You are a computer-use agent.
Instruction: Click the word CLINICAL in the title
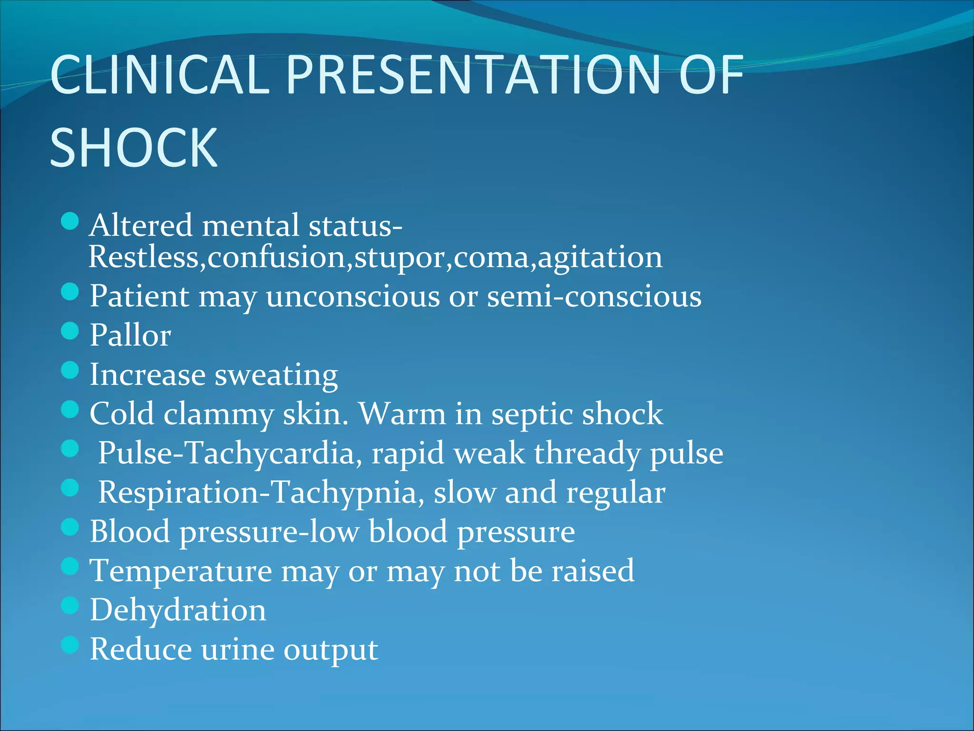tap(160, 75)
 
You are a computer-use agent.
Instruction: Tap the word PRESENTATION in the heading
tap(474, 75)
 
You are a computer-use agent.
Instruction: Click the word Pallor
tap(130, 335)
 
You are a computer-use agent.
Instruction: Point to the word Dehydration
tap(178, 610)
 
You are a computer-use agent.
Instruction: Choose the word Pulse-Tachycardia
tap(226, 453)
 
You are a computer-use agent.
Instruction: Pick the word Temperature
tap(181, 571)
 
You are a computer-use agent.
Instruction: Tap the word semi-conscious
tap(594, 296)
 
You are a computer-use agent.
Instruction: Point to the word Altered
tap(141, 225)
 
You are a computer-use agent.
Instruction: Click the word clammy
tap(219, 414)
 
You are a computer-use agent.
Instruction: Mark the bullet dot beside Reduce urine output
tap(70, 645)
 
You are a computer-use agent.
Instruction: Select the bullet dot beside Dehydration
tap(70, 606)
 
